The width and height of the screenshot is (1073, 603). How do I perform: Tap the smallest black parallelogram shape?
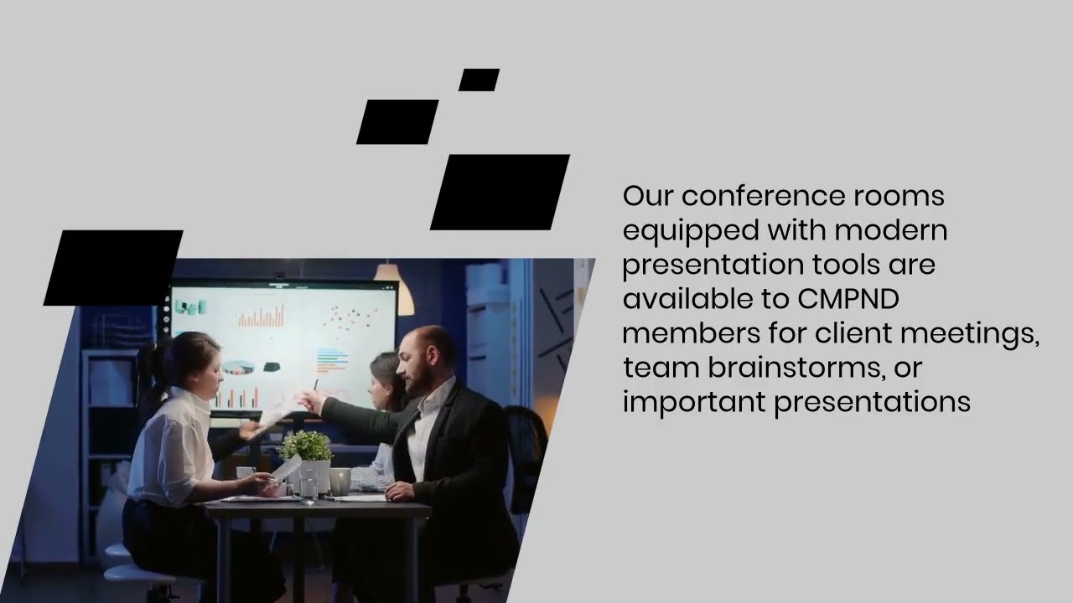point(479,80)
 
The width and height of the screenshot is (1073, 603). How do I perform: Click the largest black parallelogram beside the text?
point(500,192)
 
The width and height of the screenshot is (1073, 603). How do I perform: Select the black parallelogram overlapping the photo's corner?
point(113,267)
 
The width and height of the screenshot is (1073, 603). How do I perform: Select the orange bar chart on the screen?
point(262,317)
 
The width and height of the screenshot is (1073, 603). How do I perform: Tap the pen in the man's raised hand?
point(316,387)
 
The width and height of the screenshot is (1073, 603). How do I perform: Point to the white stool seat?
point(134,575)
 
